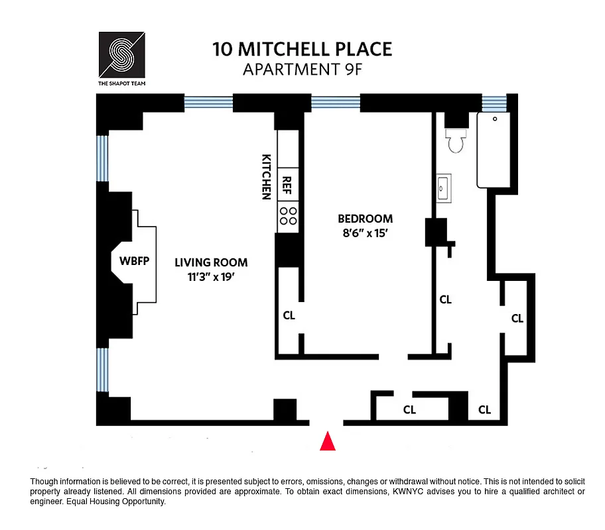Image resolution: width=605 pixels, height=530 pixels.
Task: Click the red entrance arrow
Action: pyautogui.click(x=327, y=442)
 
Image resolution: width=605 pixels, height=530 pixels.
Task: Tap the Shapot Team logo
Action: pyautogui.click(x=121, y=55)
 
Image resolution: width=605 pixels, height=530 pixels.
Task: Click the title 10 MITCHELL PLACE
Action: pyautogui.click(x=302, y=49)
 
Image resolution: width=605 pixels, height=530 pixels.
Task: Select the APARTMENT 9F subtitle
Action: pyautogui.click(x=302, y=69)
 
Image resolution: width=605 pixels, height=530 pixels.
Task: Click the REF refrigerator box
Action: pyautogui.click(x=288, y=183)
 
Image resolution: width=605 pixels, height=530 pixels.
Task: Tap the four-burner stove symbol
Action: pyautogui.click(x=288, y=216)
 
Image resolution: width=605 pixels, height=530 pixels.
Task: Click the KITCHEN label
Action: pyautogui.click(x=266, y=177)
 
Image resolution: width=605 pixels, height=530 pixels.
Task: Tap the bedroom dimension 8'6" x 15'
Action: pyautogui.click(x=365, y=233)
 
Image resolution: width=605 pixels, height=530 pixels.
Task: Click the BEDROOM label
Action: pyautogui.click(x=365, y=219)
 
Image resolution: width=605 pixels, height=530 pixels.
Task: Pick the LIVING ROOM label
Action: pyautogui.click(x=211, y=262)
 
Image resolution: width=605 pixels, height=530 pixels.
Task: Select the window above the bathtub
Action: pyautogui.click(x=494, y=103)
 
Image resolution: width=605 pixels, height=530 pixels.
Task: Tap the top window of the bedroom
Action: pyautogui.click(x=336, y=102)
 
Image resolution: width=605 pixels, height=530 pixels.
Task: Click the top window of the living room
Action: pyautogui.click(x=208, y=102)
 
